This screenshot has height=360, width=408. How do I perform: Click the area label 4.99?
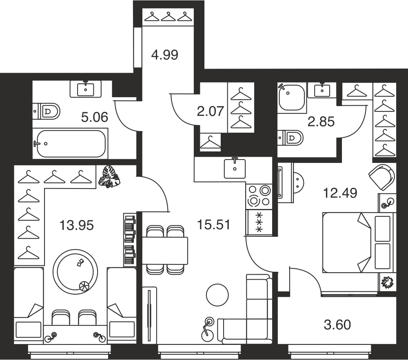[x=165, y=55]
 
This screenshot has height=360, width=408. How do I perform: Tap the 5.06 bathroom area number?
[x=95, y=118]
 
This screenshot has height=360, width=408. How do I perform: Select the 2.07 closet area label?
[x=211, y=111]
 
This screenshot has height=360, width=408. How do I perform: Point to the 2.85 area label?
[x=321, y=122]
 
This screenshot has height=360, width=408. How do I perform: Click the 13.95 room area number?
[x=77, y=225]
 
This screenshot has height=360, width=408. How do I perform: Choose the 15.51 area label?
[x=214, y=224]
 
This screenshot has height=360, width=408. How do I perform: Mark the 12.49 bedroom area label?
[x=340, y=193]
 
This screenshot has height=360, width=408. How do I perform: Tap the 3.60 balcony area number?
[x=337, y=324]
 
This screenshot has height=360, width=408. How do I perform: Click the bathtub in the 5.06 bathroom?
[x=70, y=143]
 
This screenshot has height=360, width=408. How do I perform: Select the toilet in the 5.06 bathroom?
[x=47, y=111]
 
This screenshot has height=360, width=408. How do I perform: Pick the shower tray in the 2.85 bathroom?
[x=291, y=98]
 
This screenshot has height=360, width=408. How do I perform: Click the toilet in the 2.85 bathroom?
[x=290, y=138]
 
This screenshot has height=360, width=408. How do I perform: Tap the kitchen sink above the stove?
[x=235, y=169]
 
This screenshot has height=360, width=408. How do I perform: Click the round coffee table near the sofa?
[x=217, y=295]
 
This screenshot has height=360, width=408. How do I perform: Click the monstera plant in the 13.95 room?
[x=109, y=176]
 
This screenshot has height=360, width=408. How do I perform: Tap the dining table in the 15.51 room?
[x=165, y=251]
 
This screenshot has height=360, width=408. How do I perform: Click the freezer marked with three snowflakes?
[x=259, y=222]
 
